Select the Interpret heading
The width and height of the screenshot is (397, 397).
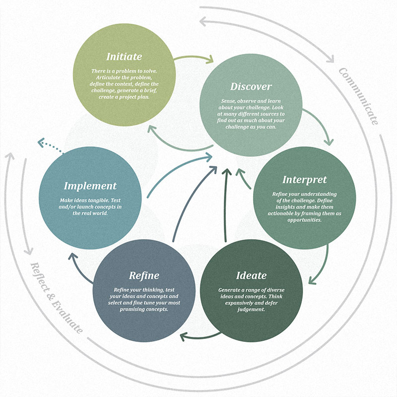[304, 179]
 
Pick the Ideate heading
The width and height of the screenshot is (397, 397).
[251, 275]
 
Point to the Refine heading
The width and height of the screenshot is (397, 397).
[144, 275]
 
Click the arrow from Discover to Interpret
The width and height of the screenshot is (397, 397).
[320, 124]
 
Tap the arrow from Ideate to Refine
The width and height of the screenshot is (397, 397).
[198, 338]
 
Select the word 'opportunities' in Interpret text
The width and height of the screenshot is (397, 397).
[304, 219]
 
